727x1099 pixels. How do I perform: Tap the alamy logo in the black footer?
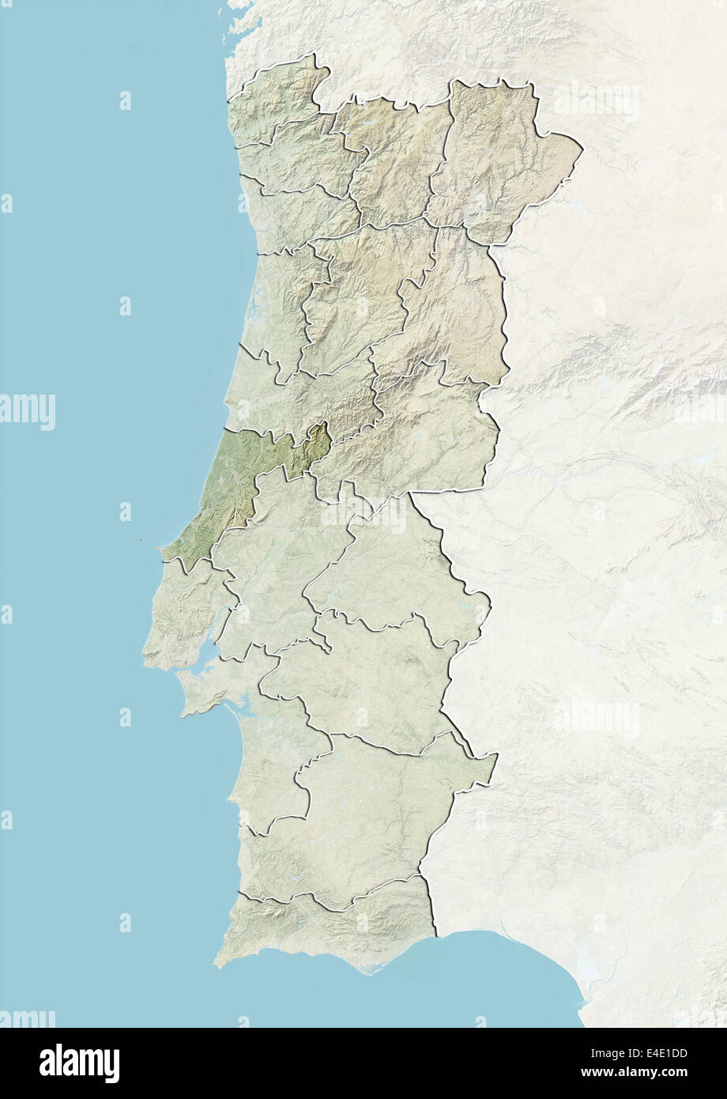coord(79,1063)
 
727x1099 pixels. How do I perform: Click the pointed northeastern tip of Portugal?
coord(582,146)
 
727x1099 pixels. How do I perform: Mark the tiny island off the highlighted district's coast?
coord(139,541)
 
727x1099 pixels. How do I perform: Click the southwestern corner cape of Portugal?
coord(217,965)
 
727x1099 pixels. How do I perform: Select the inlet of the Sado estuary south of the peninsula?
coord(237,712)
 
